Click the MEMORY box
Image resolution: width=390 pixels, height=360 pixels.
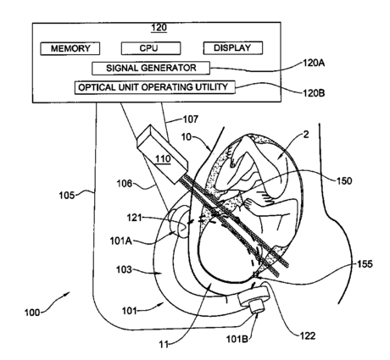70,48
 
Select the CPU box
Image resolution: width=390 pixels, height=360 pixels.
151,48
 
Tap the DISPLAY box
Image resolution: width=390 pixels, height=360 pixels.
233,48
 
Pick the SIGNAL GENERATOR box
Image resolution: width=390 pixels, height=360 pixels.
151,68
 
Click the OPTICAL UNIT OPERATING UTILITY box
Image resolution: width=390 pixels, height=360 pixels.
155,87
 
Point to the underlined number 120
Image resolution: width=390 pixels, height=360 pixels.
159,28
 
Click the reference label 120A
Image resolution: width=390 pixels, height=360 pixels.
314,63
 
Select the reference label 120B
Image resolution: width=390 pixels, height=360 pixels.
314,93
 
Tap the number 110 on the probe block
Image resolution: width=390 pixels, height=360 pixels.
163,159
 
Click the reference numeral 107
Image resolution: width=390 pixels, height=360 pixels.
191,119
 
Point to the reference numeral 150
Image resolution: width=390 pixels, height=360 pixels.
344,180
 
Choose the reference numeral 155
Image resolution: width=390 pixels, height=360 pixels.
365,264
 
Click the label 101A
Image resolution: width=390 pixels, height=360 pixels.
121,241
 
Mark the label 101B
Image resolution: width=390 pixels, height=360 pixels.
237,339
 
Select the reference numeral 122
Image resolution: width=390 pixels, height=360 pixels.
308,336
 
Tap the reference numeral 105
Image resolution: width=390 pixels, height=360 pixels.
66,195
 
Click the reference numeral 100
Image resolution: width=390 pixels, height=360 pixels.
32,313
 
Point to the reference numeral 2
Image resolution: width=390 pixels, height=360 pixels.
306,135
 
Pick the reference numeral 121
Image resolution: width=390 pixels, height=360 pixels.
134,218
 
